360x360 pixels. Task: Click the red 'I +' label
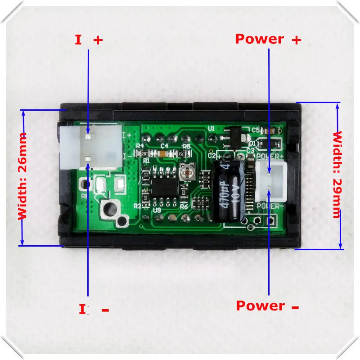tap(89, 40)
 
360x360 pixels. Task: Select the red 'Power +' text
tap(268, 39)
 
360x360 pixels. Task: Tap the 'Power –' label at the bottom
tap(268, 306)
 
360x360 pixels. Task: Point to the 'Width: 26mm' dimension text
tap(22, 176)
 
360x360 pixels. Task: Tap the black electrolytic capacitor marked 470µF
tap(229, 191)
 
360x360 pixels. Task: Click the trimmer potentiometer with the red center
tap(184, 171)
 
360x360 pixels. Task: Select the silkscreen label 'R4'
tap(139, 146)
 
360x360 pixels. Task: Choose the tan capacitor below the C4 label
tap(164, 153)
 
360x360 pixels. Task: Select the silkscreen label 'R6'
tap(84, 196)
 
